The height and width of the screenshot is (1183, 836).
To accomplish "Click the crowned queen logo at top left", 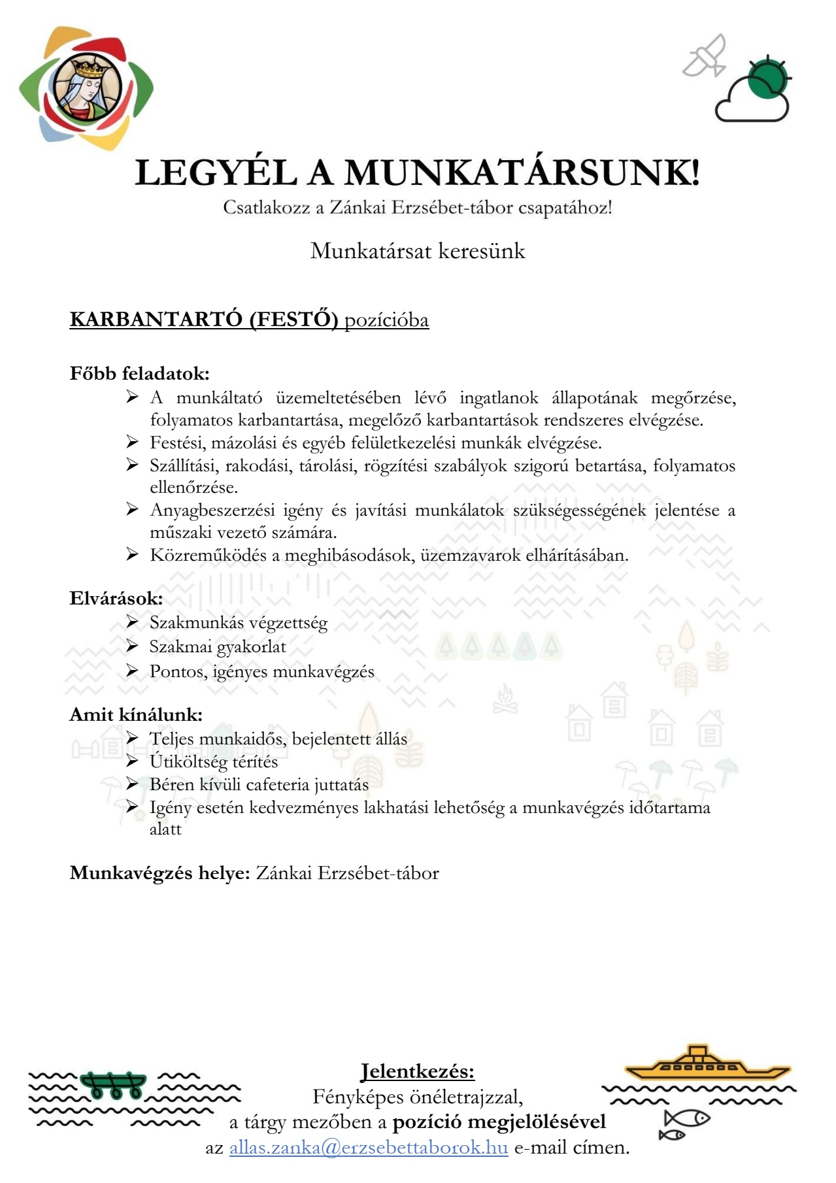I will pos(85,88).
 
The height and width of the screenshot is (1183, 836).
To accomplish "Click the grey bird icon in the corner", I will pos(705,56).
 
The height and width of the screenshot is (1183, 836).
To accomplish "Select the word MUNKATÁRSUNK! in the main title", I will pos(522,173).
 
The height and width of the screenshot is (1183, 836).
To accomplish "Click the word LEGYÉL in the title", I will pos(216,173).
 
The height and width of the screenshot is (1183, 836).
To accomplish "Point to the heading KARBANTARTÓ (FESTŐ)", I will pos(203,320).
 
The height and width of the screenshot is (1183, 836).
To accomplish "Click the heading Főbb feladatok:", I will pos(139,374).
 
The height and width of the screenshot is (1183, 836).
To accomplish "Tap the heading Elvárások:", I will pos(116,598).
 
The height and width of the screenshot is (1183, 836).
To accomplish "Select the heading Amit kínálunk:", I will pos(136,714).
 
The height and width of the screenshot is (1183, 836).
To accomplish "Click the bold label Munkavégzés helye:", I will pos(159,873).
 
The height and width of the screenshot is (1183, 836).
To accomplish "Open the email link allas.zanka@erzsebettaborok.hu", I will pos(368,1148).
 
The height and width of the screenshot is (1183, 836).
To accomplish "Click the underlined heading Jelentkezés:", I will pos(418,1071).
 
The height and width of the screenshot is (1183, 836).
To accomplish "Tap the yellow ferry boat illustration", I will pos(707,1064).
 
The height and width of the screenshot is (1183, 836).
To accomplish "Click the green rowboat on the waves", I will pos(113,1085).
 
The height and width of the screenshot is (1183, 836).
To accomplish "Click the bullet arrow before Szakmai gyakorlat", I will pos(132,646).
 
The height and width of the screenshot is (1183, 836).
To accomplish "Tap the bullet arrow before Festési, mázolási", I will pos(132,442).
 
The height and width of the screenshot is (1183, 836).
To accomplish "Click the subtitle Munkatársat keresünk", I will pos(418,251).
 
